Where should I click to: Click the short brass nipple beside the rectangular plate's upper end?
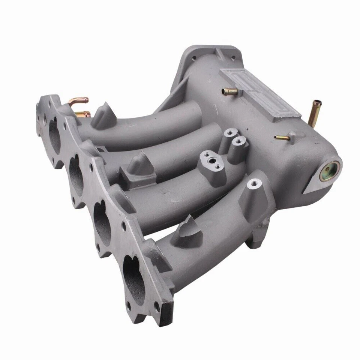tap(227, 91)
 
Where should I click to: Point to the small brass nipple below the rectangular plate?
tap(282, 138)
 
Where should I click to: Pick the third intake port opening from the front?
tap(76, 175)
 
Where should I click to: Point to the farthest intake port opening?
tap(54, 135)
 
